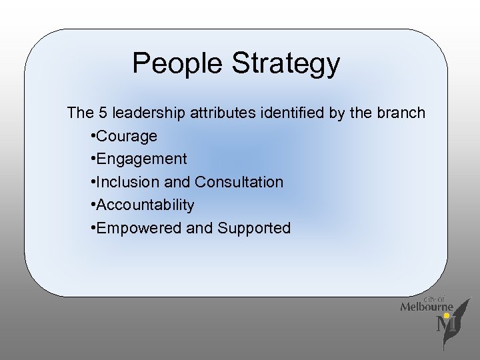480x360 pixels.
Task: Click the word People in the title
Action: coord(178,64)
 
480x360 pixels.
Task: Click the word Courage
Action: coord(127,137)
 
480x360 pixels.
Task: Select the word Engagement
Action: coord(141,159)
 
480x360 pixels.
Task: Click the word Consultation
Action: coord(239,182)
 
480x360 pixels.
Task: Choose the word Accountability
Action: coord(145,205)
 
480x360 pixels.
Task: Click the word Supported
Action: coord(253,228)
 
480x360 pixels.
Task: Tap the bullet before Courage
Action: coord(92,137)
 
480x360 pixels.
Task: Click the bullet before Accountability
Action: coord(92,205)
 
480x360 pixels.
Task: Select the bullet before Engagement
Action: coord(92,159)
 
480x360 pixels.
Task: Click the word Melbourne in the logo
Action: coord(427,307)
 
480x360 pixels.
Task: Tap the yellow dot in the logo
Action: coord(446,315)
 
